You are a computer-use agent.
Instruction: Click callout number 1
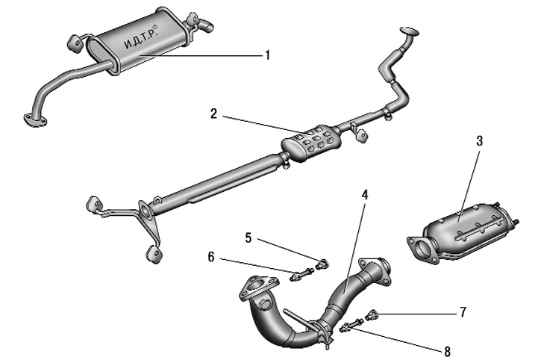click(x=266, y=55)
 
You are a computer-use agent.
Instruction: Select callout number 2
click(x=214, y=114)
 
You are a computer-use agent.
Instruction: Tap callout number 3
click(x=481, y=140)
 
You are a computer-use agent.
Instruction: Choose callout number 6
click(x=211, y=256)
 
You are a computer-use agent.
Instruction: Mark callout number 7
click(x=463, y=311)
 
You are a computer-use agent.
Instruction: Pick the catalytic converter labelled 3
click(x=463, y=224)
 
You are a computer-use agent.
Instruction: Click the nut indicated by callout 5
click(x=323, y=263)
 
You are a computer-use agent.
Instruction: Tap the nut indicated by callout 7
click(x=374, y=314)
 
